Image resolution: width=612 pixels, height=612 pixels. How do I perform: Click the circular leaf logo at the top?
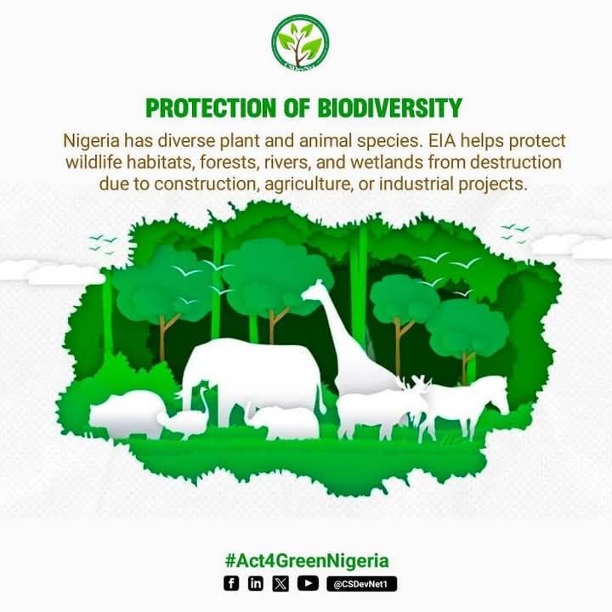coord(300,42)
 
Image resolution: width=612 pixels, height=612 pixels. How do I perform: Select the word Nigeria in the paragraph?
coord(91,139)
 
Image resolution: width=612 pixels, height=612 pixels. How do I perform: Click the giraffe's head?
coord(313,292)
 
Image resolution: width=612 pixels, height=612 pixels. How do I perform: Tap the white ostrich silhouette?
coord(189,417)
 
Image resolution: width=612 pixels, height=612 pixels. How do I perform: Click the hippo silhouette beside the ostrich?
coord(127,412)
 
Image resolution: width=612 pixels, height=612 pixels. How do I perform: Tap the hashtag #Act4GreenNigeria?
coord(306,561)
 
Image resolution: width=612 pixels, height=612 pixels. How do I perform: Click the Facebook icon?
coord(231,583)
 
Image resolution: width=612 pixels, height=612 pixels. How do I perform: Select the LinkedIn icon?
coord(256,583)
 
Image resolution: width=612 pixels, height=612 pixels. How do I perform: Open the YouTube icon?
coord(308,583)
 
